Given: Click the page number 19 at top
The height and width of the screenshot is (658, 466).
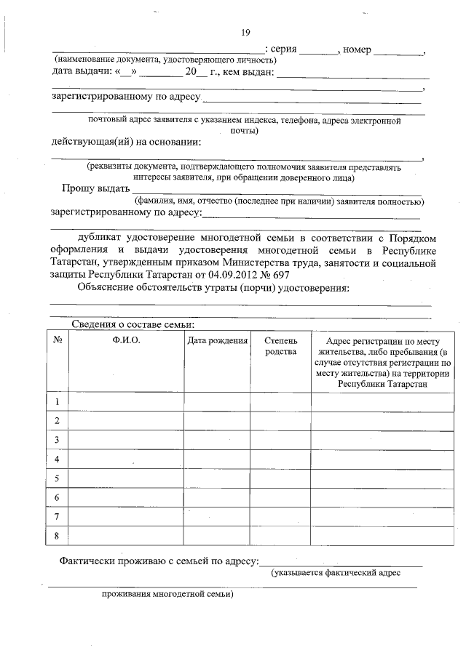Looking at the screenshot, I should (245, 33).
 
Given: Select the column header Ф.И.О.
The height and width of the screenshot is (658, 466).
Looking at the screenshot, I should (126, 340).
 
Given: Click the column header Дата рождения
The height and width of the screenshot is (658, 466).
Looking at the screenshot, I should (217, 340).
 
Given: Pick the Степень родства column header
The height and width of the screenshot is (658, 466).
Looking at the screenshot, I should (281, 346).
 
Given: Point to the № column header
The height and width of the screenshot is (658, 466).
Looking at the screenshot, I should (57, 340).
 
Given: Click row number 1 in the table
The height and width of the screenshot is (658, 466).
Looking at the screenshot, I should (57, 401).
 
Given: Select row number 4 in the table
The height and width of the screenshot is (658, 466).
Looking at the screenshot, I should (57, 459).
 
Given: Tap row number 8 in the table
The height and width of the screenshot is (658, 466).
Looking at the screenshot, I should (57, 536).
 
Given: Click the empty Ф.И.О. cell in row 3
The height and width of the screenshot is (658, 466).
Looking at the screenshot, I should (126, 440).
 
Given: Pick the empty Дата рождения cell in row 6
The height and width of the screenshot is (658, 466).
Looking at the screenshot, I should (217, 497).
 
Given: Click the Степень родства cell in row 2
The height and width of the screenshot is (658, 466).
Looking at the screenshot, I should (281, 420).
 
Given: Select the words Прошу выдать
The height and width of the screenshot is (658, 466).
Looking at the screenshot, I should (91, 189).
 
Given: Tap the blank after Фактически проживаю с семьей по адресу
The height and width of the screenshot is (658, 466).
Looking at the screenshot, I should (341, 561).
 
